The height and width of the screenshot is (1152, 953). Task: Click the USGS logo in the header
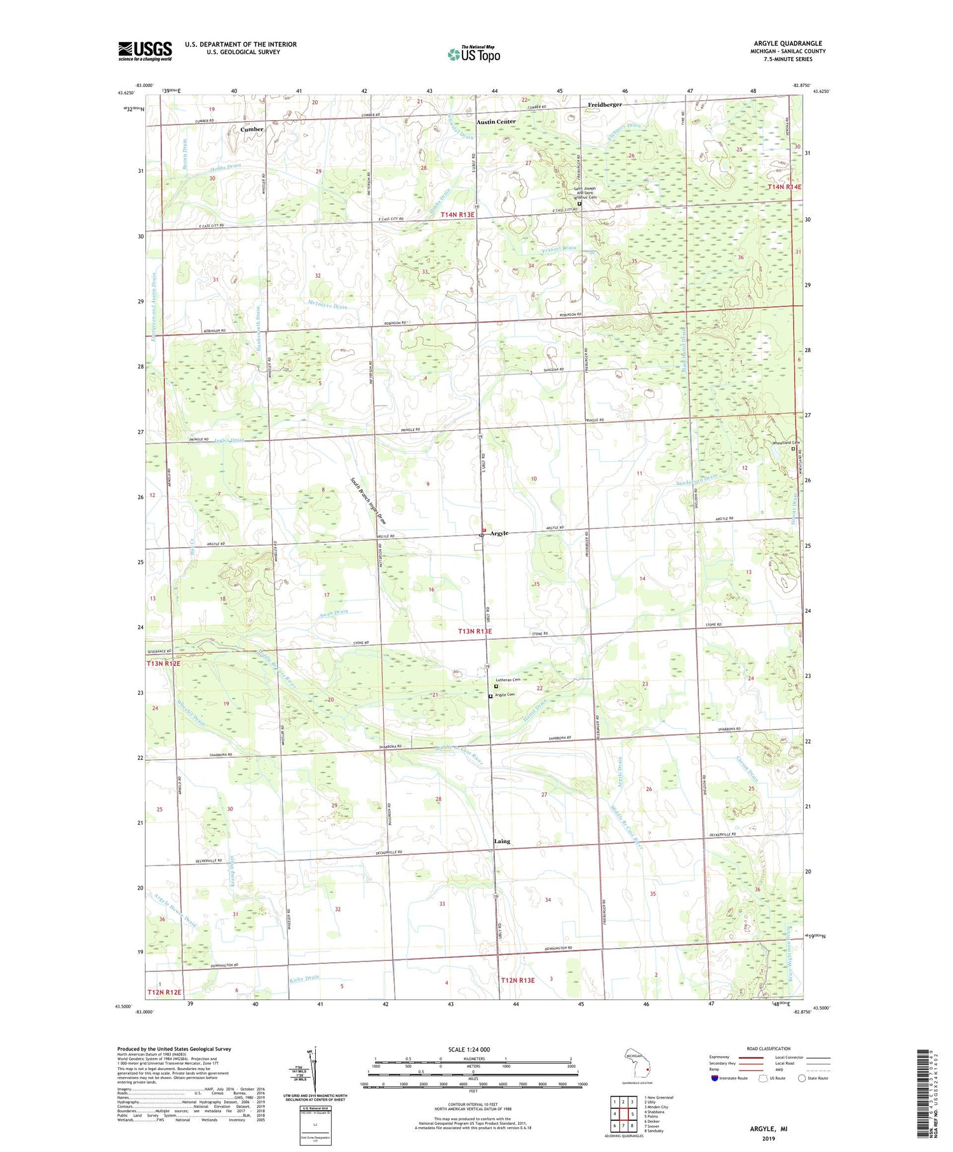click(x=145, y=51)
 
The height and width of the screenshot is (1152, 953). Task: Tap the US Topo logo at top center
click(x=473, y=54)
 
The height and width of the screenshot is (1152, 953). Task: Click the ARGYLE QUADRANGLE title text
click(x=788, y=43)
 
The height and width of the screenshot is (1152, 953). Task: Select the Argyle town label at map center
click(x=499, y=534)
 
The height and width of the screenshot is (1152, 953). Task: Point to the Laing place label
click(x=502, y=841)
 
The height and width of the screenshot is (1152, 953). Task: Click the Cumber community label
click(x=252, y=129)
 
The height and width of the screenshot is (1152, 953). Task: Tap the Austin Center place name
click(x=496, y=121)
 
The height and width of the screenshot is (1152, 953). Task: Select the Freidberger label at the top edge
click(x=605, y=104)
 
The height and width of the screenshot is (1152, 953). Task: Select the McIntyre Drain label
click(x=327, y=305)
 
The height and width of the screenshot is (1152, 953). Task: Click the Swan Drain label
click(x=334, y=613)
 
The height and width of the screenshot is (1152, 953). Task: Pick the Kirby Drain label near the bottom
click(x=304, y=978)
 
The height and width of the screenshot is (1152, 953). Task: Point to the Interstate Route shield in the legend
click(x=714, y=1078)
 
